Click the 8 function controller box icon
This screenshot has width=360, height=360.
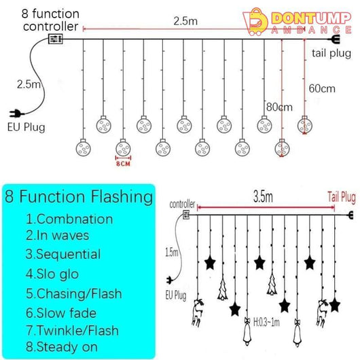coord(55,39)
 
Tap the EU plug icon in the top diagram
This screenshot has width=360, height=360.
coord(16,113)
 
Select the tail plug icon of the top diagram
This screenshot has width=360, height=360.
coord(335,39)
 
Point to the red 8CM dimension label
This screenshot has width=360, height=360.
coord(124,164)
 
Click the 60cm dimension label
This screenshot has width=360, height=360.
coord(322,88)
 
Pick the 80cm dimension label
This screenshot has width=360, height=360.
coord(279,107)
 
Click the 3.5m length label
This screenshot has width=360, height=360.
coord(263,197)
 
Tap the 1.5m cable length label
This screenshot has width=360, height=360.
coord(172,252)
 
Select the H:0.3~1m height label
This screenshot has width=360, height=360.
coord(266,322)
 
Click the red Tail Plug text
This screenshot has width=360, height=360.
coord(342,197)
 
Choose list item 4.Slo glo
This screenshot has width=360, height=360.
coord(52,274)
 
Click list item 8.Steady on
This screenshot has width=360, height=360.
coord(62,347)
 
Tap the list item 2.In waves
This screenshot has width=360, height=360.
coord(58,236)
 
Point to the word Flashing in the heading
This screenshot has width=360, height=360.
coord(122,197)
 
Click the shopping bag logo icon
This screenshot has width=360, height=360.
coord(255,22)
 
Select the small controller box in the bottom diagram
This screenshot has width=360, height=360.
coord(186,215)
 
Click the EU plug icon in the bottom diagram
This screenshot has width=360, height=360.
coord(170,281)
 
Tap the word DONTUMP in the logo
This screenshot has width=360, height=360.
coord(312,18)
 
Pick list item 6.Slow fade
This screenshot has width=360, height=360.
coord(61,313)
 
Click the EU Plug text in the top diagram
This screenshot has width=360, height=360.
coord(26,127)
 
